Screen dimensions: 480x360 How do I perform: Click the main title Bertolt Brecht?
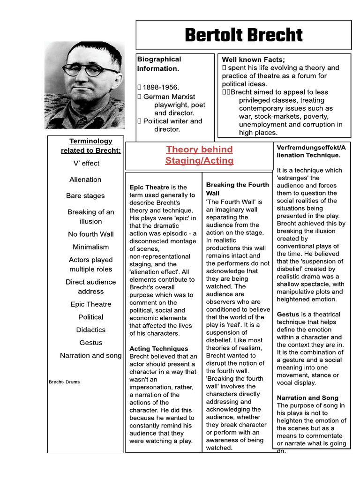tap(243, 35)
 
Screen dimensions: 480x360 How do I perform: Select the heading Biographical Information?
tap(159, 64)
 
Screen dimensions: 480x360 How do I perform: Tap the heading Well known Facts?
tap(253, 60)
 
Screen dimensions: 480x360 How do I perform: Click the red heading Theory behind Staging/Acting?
tap(199, 155)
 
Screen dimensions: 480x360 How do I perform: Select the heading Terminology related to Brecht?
tap(91, 145)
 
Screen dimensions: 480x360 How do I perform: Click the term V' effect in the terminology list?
tap(86, 163)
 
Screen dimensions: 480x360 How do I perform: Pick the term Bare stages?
tap(85, 195)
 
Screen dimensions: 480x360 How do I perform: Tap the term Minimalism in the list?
tap(90, 247)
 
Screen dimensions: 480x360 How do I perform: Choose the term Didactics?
tap(91, 330)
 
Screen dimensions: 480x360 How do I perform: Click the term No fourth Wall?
tap(90, 234)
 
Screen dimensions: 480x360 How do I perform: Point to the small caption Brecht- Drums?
tap(64, 382)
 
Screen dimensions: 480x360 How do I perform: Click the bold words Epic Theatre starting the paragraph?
tap(149, 187)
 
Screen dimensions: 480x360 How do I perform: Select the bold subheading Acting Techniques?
tap(158, 349)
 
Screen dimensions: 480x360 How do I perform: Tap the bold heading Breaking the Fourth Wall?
tap(237, 188)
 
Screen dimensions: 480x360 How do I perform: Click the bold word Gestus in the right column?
tap(287, 314)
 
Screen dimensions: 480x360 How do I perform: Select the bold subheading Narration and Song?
tap(307, 397)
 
